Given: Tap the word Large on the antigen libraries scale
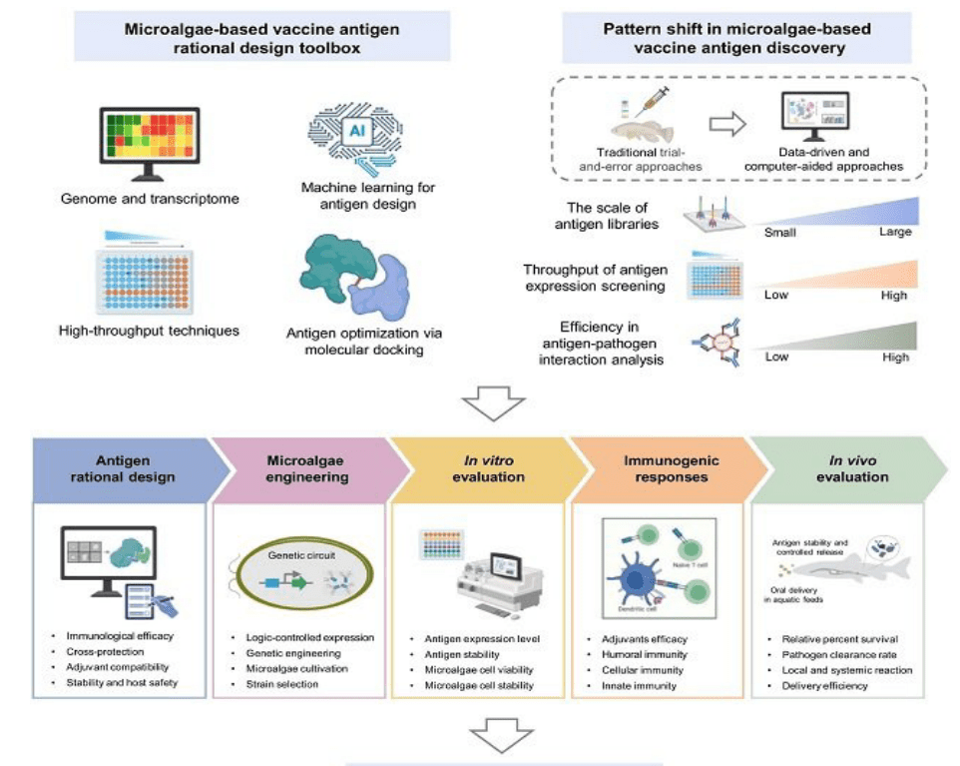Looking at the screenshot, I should (x=889, y=232).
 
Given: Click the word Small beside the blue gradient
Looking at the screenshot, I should (x=780, y=232).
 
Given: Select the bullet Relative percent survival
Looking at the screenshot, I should (x=833, y=637).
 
